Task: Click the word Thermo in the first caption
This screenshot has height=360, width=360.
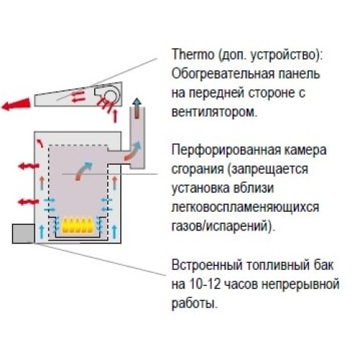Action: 193,54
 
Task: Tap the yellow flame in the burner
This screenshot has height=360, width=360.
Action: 77,225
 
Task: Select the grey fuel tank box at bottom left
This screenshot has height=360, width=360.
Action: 23,233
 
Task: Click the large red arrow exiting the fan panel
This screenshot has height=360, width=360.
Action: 17,104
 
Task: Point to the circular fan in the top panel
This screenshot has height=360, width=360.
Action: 110,96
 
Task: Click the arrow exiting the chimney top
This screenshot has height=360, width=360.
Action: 137,108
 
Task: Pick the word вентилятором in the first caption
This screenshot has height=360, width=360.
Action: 214,112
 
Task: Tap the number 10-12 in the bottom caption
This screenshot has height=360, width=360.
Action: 204,284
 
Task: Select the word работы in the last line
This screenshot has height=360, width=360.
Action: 194,304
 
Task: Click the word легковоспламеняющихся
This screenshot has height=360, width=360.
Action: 246,207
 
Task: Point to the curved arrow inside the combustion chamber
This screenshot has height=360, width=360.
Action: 84,171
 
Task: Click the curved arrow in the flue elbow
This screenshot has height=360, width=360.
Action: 132,151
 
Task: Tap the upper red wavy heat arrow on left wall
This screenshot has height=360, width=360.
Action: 29,166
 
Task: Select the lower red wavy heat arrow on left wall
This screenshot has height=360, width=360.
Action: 28,202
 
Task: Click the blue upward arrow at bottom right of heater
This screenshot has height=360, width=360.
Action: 114,232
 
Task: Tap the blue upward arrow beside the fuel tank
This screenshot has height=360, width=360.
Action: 42,231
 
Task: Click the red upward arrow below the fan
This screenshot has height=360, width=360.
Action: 115,115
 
